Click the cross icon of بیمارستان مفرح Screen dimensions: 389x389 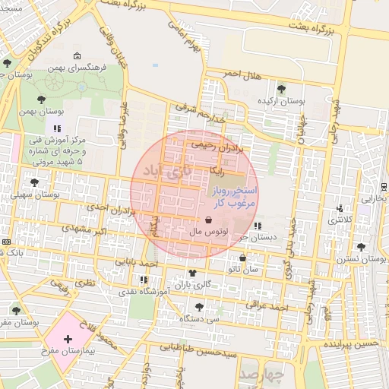coord(68,338)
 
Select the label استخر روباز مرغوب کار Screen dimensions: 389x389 coord(235,195)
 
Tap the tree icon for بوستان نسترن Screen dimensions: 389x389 coord(360,246)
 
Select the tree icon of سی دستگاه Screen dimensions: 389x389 coord(199,307)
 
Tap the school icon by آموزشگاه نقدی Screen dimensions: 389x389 coord(144,280)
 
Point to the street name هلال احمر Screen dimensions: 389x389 coord(242,73)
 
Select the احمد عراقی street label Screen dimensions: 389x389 coord(269,306)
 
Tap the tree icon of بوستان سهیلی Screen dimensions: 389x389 coord(33,182)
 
